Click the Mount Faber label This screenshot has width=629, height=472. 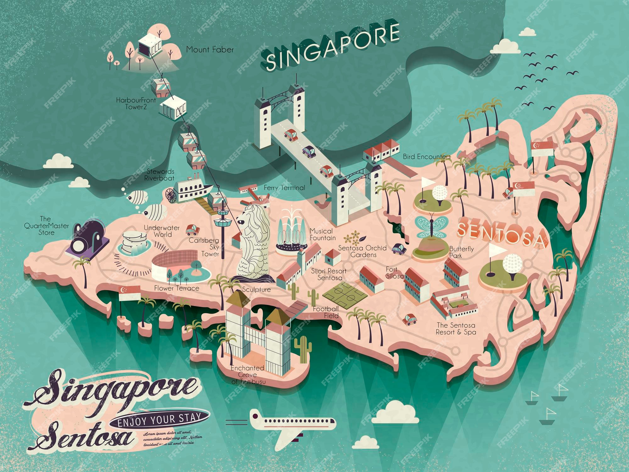click(210, 49)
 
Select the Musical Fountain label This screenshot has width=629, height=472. click(322, 234)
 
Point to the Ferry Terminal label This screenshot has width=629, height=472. click(284, 188)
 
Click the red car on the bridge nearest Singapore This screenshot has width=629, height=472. click(291, 134)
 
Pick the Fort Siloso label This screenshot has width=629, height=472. click(394, 273)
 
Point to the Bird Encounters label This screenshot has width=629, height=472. click(426, 156)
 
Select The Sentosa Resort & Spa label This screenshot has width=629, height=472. click(456, 329)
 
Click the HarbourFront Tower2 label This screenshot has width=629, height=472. click(136, 104)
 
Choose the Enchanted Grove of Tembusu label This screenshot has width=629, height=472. click(248, 374)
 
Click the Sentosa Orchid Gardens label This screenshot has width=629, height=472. click(362, 251)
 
